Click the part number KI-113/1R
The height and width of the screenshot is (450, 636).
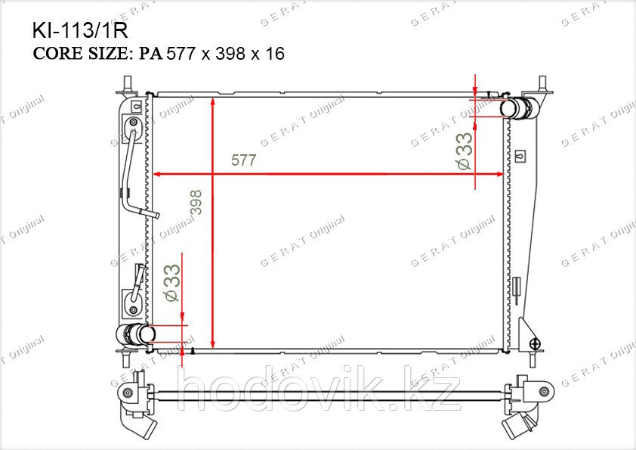pos(80,30)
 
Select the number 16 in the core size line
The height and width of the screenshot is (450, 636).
pos(275,54)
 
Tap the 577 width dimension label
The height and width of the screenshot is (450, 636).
pos(243,160)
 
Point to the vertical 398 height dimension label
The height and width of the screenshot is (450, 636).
pos(196,202)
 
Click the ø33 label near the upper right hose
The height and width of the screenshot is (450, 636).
pos(464,151)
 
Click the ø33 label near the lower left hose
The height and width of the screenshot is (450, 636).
pos(171,283)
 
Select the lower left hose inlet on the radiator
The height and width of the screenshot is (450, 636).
pos(135,334)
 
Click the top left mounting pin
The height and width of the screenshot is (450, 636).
pos(128,84)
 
